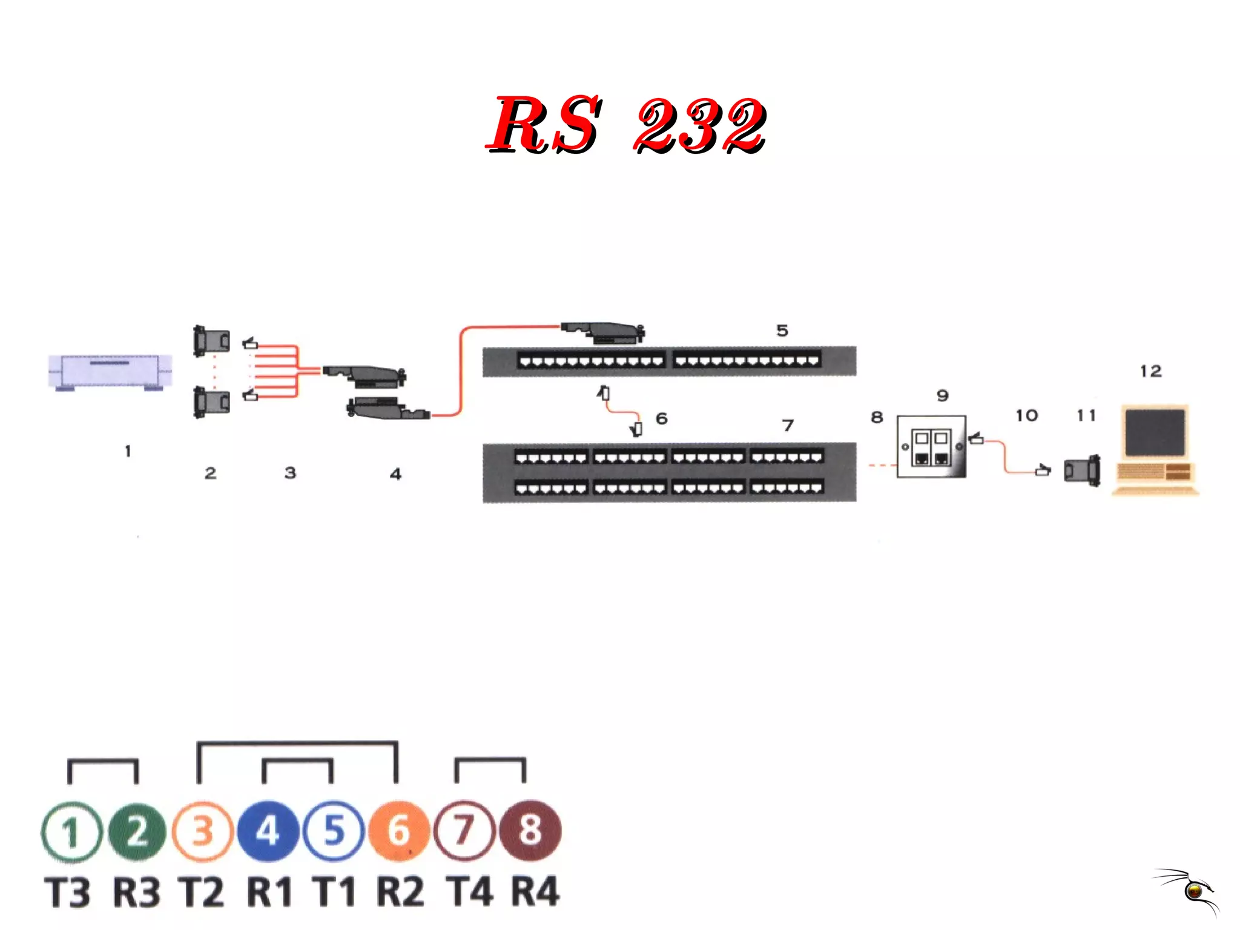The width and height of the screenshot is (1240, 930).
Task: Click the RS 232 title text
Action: click(627, 124)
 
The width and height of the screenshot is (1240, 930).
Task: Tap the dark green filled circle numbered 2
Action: click(137, 831)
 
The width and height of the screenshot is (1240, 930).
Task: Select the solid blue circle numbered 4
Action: click(268, 831)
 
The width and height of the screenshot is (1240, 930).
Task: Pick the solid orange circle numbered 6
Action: click(398, 831)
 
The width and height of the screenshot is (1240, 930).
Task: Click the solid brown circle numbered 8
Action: click(530, 830)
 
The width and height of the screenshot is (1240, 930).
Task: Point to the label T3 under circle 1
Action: click(68, 892)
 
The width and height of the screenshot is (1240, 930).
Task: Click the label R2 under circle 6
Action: click(400, 892)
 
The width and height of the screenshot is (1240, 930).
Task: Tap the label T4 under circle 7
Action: click(469, 892)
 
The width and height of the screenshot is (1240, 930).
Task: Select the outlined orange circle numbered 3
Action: click(203, 831)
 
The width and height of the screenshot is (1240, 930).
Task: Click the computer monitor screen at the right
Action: click(1155, 432)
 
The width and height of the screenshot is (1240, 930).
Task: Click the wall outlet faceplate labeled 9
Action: click(931, 447)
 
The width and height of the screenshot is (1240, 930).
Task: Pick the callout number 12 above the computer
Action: click(1150, 371)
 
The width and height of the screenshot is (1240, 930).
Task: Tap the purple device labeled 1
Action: click(110, 372)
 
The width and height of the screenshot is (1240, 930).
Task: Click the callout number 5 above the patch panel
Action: click(782, 331)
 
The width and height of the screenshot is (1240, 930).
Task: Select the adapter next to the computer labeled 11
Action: click(1082, 470)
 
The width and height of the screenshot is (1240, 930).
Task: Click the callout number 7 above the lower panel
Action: click(788, 426)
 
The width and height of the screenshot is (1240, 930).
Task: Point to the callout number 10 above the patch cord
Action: click(1027, 415)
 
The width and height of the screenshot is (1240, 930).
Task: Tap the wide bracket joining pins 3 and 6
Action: click(297, 742)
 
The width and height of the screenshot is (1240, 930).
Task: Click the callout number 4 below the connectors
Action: click(395, 473)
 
